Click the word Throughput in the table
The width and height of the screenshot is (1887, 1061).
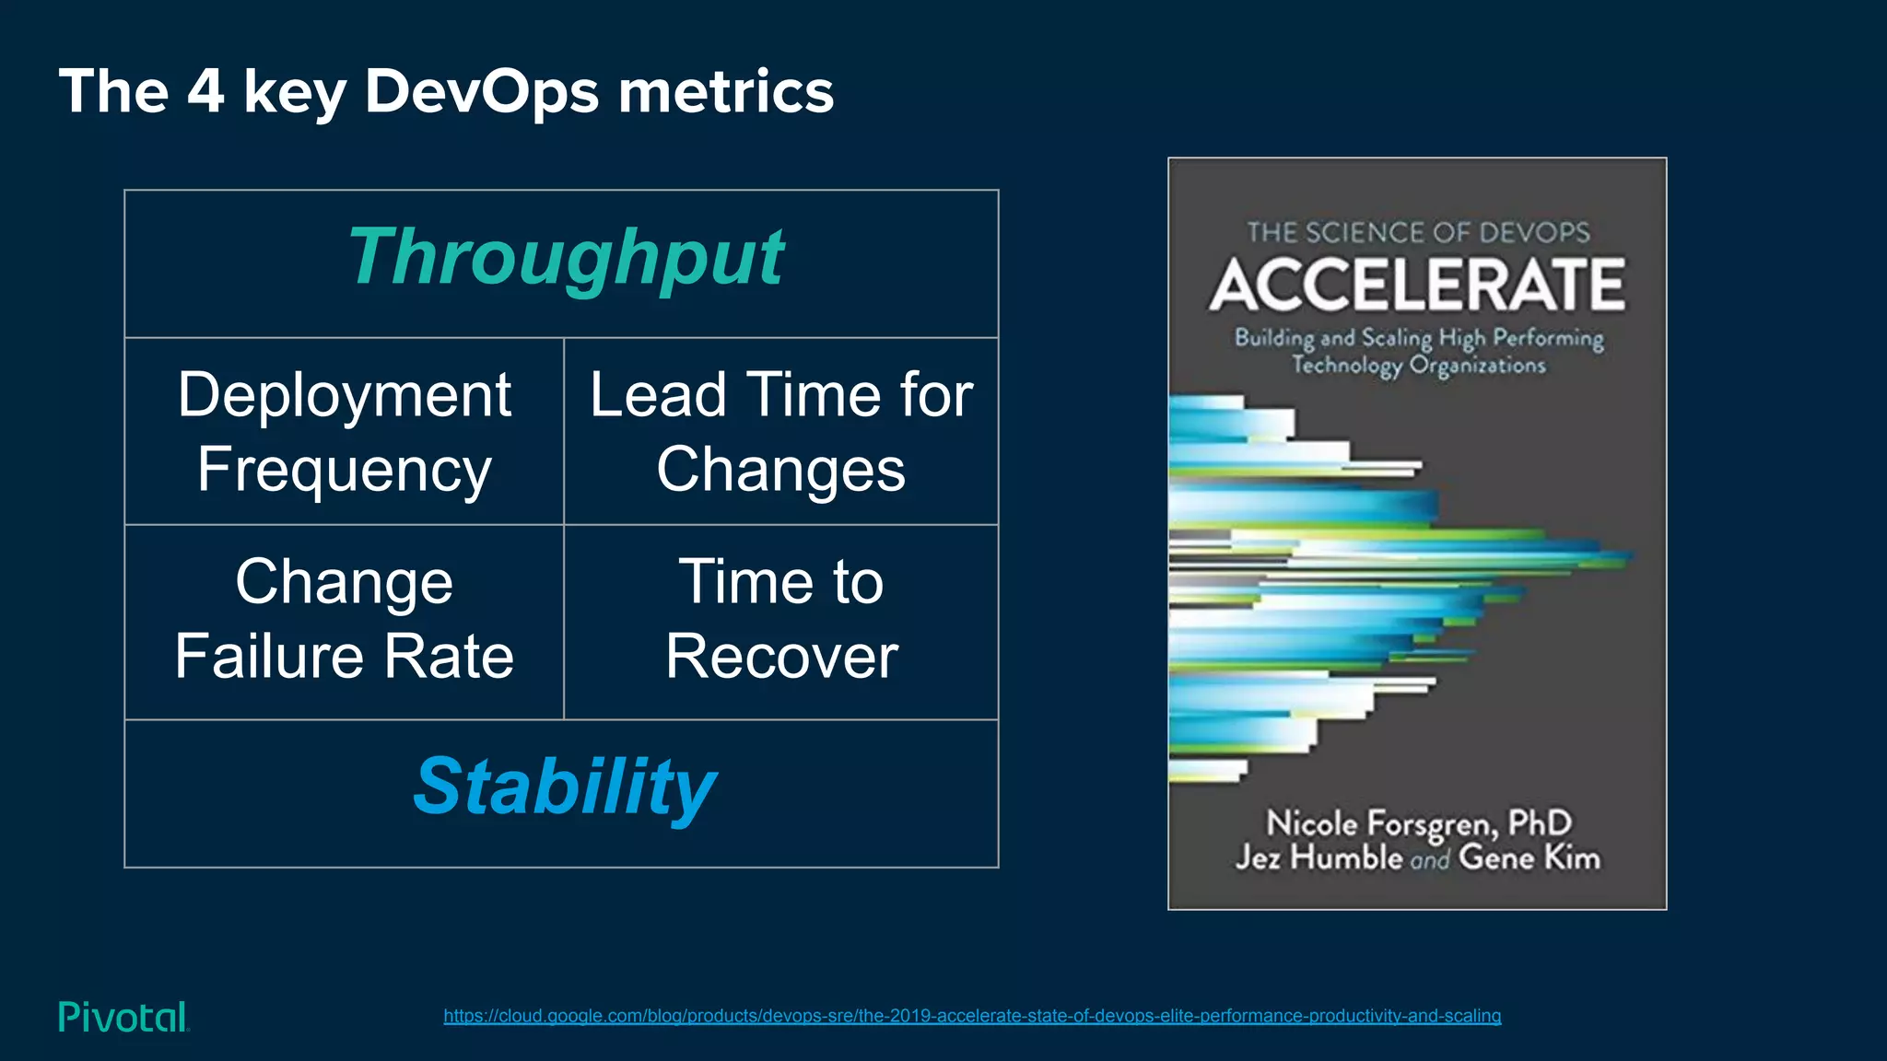point(566,258)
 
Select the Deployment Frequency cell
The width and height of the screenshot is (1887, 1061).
point(344,431)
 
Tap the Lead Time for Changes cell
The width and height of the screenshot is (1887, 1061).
point(781,431)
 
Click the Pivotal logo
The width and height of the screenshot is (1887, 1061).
point(123,1017)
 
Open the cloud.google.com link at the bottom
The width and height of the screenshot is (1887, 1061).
point(972,1016)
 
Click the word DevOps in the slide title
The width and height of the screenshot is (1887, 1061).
point(482,92)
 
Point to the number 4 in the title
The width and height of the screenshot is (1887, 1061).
point(205,91)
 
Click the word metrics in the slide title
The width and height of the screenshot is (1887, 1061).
point(726,92)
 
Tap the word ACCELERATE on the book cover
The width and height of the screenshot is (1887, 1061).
point(1417,285)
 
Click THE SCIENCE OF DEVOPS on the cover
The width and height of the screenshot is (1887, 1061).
point(1418,232)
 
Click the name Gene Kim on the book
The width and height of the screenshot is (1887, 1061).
point(1529,857)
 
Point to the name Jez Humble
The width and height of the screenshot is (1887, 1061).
point(1319,857)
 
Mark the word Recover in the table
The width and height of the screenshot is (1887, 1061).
point(781,657)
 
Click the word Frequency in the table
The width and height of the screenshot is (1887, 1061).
point(344,470)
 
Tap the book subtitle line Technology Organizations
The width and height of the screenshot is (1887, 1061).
point(1418,366)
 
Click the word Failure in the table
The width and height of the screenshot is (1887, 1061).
point(271,657)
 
